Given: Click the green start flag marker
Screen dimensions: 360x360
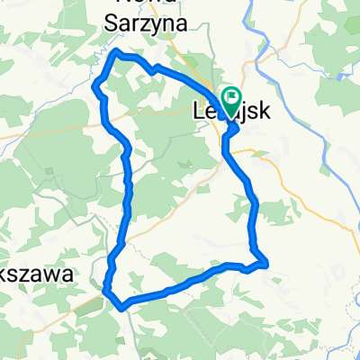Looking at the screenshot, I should pyautogui.click(x=230, y=96).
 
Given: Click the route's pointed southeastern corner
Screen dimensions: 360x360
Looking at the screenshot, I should pyautogui.click(x=266, y=264).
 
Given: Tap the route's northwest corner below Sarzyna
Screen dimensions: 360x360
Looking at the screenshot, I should pyautogui.click(x=114, y=55).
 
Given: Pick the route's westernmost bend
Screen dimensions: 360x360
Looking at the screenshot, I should pyautogui.click(x=95, y=85).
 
